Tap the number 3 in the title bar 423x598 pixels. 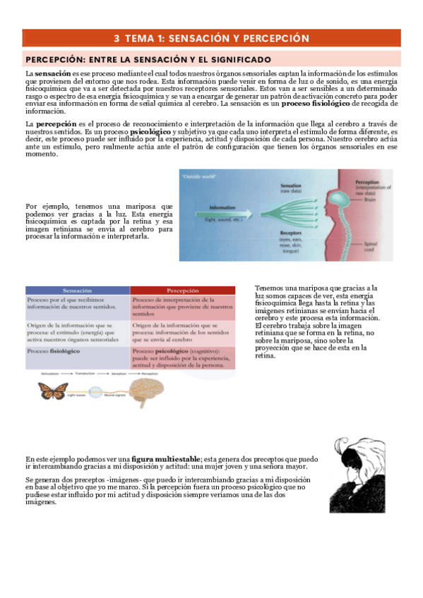click(117, 38)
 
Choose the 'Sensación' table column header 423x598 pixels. click(78, 291)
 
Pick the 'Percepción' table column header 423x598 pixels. click(182, 291)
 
